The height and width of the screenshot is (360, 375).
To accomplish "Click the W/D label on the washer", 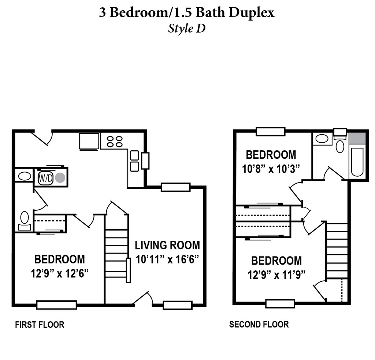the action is (45, 178).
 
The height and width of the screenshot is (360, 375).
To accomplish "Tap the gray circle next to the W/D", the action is (60, 178).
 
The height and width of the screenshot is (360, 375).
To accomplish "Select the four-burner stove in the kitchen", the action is (115, 142).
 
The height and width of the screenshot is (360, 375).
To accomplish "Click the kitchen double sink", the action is (135, 161).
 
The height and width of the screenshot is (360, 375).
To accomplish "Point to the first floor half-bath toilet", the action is (25, 221).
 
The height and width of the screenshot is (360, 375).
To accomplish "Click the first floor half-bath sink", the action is (25, 177).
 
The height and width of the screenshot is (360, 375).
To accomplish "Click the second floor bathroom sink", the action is (322, 139).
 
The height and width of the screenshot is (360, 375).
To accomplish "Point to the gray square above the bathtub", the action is (357, 138).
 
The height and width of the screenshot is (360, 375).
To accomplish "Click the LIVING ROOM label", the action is (167, 245).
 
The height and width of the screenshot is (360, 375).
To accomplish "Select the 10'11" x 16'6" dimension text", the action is (167, 259).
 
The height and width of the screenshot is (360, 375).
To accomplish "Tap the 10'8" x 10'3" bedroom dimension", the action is (271, 169).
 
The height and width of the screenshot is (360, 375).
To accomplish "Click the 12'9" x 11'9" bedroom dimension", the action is (276, 275).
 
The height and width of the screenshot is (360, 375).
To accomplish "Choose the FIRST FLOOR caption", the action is (40, 325).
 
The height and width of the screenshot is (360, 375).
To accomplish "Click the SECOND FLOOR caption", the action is (259, 325).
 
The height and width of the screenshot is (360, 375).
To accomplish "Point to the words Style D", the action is (187, 29).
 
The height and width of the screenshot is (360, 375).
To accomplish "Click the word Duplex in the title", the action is (252, 13).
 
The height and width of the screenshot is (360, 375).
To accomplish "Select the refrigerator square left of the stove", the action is (89, 142).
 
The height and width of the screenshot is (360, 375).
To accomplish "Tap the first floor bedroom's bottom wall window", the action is (57, 305).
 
